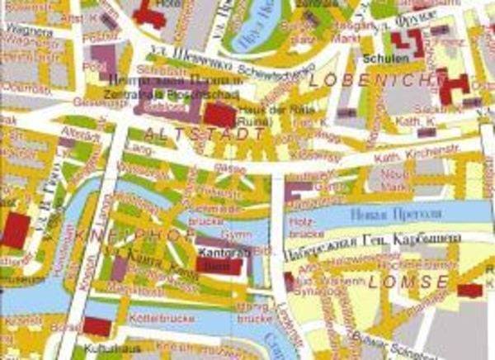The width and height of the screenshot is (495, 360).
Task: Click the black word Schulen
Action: click(x=380, y=60)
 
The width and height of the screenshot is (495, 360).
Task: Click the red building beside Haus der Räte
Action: click(x=219, y=115)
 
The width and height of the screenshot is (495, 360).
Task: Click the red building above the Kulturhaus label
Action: click(x=97, y=327)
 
